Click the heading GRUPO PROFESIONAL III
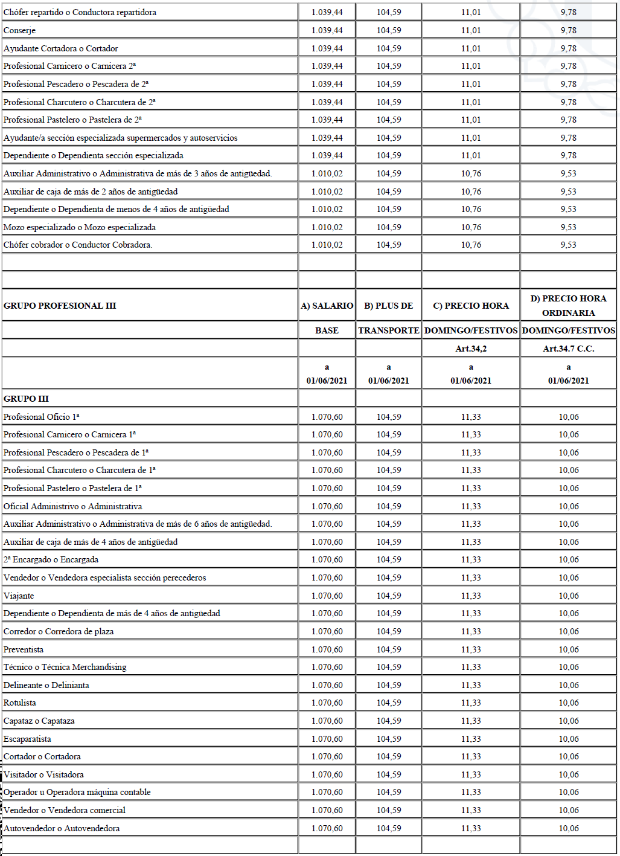point(60,306)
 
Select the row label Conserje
point(19,30)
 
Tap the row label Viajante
point(19,596)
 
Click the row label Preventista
point(24,649)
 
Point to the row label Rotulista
point(20,703)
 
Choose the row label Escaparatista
point(27,739)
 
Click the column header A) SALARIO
point(327,306)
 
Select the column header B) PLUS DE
point(388,306)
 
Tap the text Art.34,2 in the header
point(471,349)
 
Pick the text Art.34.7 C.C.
point(568,349)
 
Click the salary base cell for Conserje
point(327,30)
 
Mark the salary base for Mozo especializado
point(327,227)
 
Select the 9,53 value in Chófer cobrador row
point(568,245)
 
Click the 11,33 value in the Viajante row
point(471,596)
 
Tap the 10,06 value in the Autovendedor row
point(568,828)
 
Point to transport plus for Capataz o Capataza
point(388,721)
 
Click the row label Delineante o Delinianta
point(46,685)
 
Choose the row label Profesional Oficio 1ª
point(41,417)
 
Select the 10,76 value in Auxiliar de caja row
point(471,191)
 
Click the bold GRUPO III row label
point(26,399)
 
